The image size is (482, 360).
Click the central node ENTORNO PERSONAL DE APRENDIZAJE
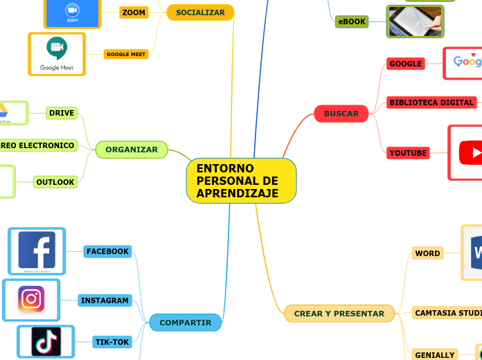(241, 181)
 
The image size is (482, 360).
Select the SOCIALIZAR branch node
(200, 12)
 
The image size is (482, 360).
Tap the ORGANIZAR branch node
(132, 149)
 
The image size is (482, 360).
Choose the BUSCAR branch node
(341, 114)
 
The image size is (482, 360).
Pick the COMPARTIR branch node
(185, 323)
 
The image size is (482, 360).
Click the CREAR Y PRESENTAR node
(339, 314)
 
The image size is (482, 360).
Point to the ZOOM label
(134, 12)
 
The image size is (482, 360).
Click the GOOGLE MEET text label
(125, 54)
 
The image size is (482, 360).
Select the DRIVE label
(62, 113)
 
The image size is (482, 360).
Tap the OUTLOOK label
(55, 182)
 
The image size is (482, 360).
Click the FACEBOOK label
(107, 251)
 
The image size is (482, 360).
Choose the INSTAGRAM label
(105, 300)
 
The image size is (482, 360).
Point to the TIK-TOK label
(112, 342)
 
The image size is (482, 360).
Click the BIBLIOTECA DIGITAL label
(431, 102)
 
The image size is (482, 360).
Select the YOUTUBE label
(408, 152)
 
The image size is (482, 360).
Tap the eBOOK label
(352, 21)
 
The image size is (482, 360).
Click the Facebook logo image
(37, 251)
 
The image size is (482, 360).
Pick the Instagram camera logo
(31, 299)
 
